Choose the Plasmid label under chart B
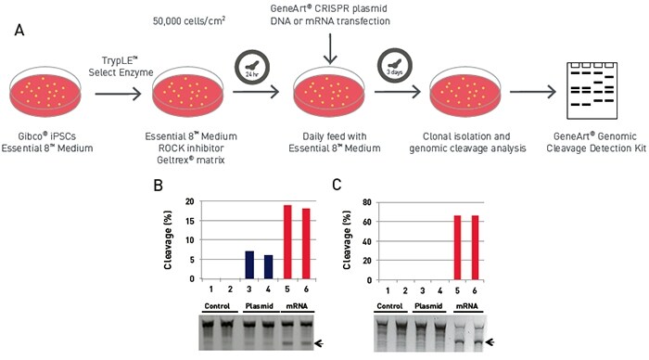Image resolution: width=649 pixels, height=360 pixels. pos(257,305)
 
